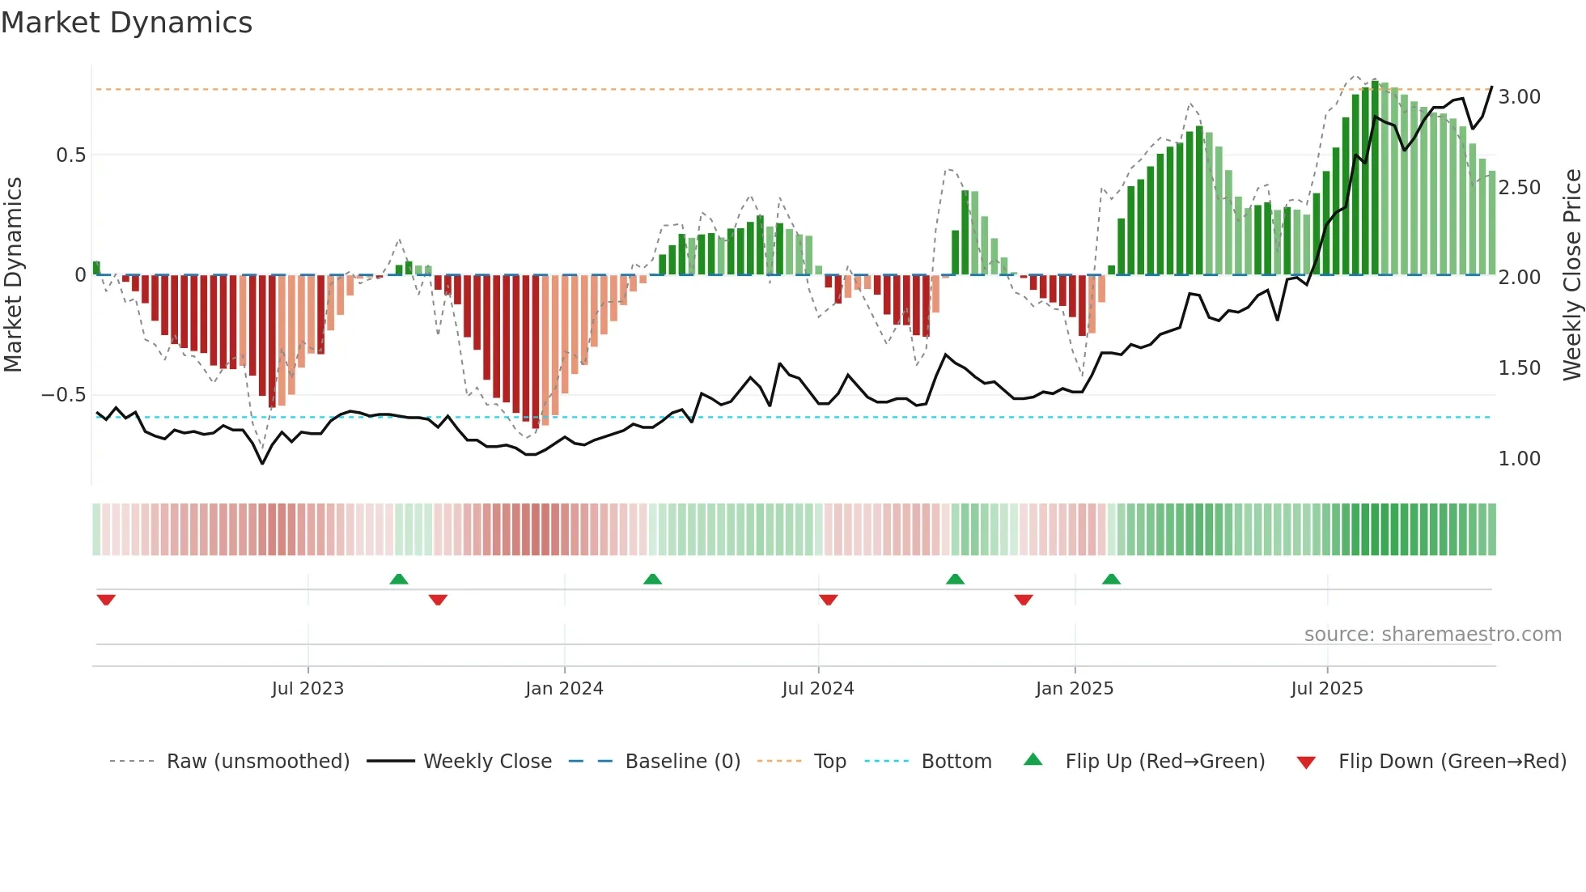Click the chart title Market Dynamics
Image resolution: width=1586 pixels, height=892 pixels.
coord(126,23)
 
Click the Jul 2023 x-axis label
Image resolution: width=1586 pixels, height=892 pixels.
coord(307,689)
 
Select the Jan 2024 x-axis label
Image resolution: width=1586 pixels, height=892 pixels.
coord(564,689)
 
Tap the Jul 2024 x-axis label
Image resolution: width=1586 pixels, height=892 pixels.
coord(817,689)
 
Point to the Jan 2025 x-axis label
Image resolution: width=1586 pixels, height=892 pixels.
coord(1074,689)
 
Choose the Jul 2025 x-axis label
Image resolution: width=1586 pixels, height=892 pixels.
coord(1326,689)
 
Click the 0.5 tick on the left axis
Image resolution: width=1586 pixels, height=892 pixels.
coord(70,155)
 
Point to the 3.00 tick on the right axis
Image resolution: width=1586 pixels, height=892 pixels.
coord(1519,97)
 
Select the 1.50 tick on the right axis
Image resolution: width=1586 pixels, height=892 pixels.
coord(1519,368)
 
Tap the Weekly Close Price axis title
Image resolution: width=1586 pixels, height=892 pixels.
coord(1571,275)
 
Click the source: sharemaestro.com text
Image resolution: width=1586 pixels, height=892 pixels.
coord(1432,635)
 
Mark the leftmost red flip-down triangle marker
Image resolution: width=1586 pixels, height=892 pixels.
coord(106,600)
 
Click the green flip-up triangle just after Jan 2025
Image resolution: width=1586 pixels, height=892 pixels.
coord(1111,579)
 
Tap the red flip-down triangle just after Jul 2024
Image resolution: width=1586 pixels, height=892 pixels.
coord(828,600)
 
